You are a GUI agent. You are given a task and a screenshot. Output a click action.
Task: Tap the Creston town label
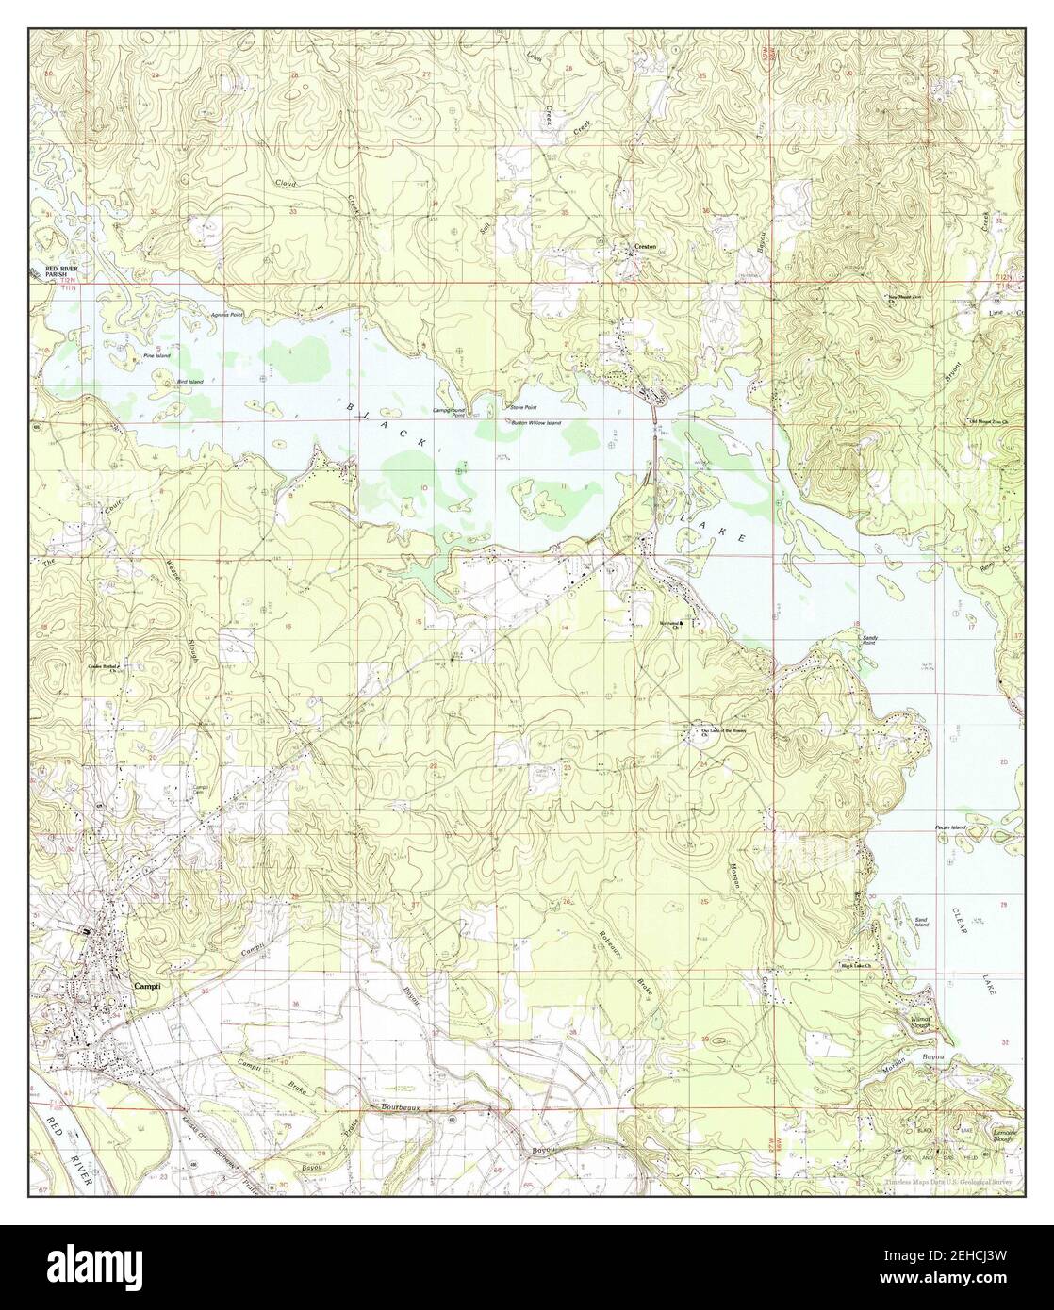(645, 247)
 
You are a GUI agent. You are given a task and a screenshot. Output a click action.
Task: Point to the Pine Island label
(155, 356)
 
